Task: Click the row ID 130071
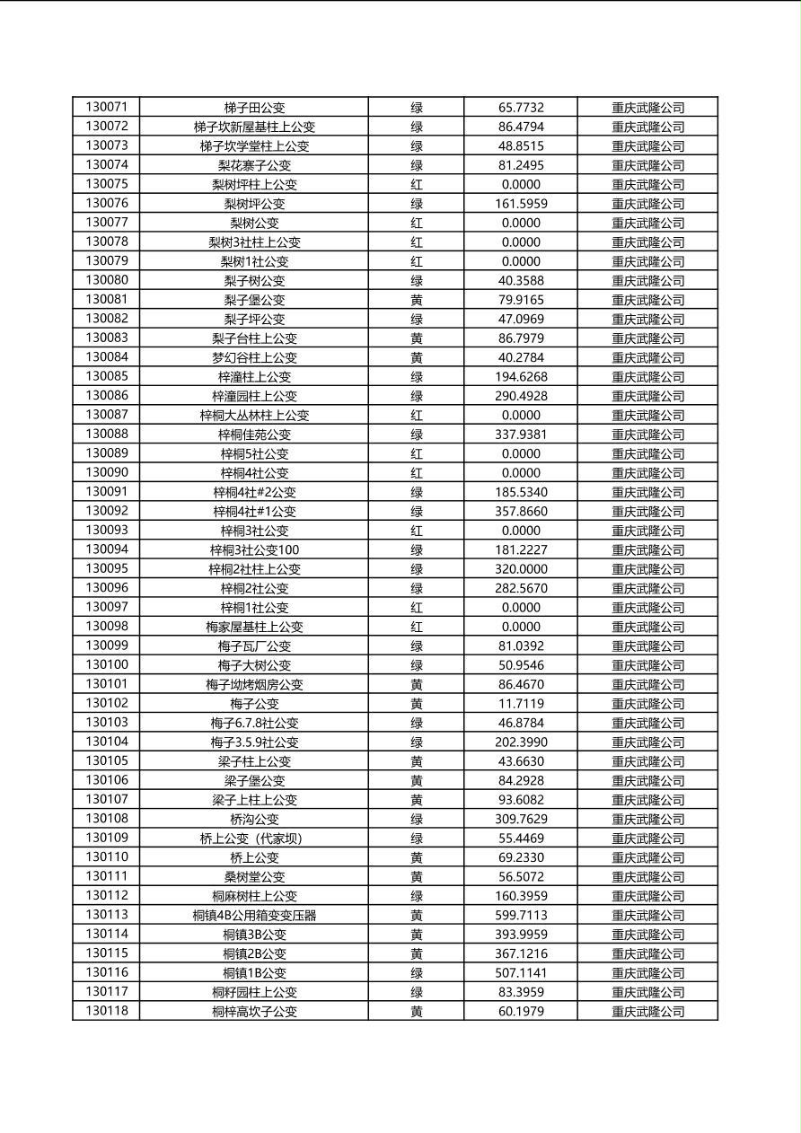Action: coord(107,107)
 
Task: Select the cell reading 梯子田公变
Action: coord(254,108)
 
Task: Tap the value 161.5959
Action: coord(521,204)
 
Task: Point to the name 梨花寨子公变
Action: coord(254,165)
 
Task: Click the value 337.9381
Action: coord(521,435)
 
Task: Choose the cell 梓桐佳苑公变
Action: coord(254,435)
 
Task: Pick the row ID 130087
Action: coord(107,415)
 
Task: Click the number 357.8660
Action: coord(521,512)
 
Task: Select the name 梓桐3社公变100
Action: coord(254,550)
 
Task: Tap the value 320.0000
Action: coord(521,569)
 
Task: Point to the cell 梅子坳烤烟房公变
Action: coord(254,685)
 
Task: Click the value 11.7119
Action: coord(521,704)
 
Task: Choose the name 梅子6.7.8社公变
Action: coord(254,723)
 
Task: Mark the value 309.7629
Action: coord(521,819)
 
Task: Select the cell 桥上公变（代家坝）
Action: coord(254,839)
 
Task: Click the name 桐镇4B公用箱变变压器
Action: coord(254,916)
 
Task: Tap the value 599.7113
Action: coord(521,916)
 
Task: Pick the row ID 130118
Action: coord(107,1011)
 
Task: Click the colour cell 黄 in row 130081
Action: coord(417,300)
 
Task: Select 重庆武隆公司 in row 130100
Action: coord(647,665)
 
